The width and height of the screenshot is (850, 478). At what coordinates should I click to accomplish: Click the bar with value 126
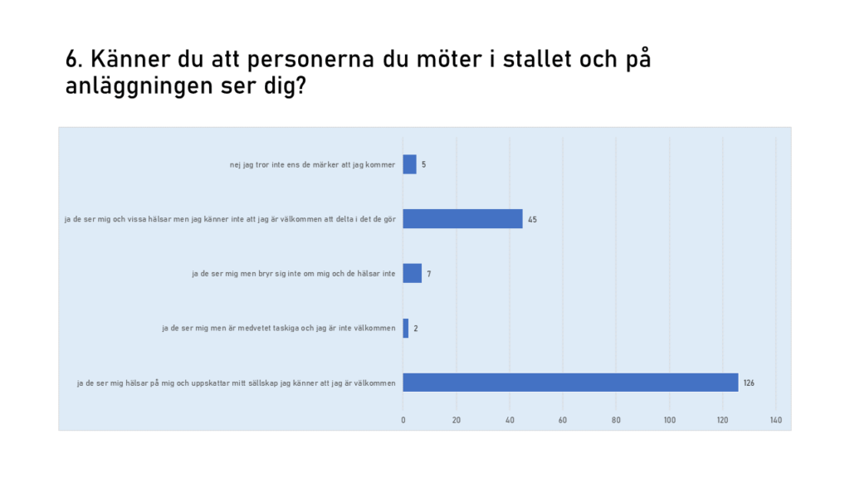click(x=570, y=383)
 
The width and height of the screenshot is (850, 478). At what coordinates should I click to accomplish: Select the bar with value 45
click(x=462, y=219)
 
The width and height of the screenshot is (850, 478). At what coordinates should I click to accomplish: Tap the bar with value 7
click(x=413, y=273)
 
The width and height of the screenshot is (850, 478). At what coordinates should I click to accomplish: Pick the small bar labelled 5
click(x=409, y=164)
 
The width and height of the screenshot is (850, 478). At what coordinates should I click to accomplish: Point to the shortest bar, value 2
click(x=406, y=328)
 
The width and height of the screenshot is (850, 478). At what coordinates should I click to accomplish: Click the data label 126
click(x=749, y=383)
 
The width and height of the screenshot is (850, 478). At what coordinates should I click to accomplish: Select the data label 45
click(x=532, y=219)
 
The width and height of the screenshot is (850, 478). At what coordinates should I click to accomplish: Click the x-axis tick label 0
click(x=403, y=420)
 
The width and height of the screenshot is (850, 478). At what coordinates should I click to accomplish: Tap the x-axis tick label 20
click(x=457, y=420)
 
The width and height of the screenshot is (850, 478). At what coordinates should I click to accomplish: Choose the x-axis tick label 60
click(x=563, y=420)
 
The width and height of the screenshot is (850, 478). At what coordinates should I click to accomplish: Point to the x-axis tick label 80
click(x=616, y=420)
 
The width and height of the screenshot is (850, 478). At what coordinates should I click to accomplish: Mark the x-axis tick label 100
click(x=669, y=420)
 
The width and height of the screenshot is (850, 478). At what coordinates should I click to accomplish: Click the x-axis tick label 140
click(x=776, y=420)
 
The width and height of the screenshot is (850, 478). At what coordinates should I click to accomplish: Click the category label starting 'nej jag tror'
click(x=312, y=164)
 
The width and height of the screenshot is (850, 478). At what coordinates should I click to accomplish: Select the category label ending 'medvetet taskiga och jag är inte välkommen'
click(x=278, y=328)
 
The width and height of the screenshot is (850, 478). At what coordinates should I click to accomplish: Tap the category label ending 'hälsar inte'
click(x=293, y=273)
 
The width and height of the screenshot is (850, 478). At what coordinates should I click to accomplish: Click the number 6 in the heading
click(x=72, y=60)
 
